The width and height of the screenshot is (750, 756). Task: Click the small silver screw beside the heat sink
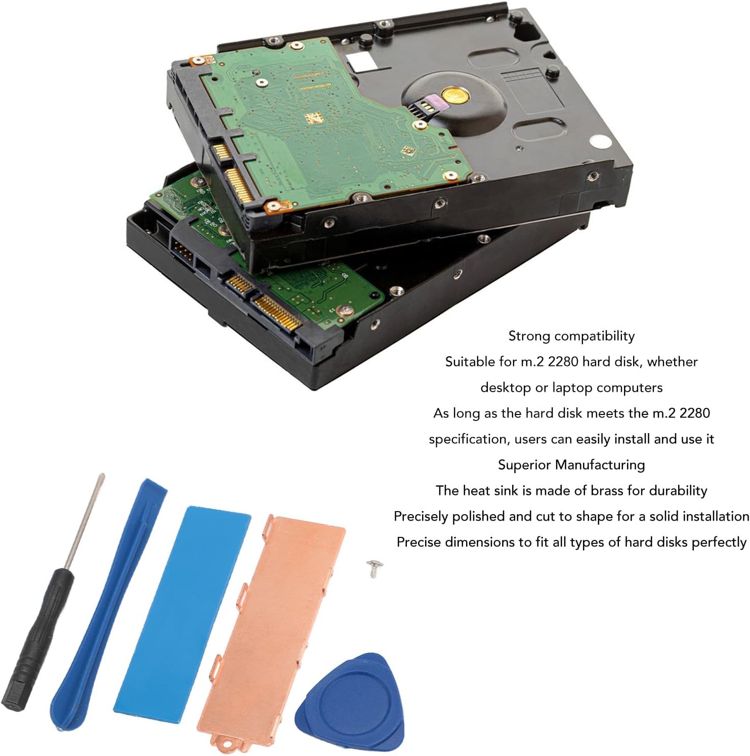coord(374,567)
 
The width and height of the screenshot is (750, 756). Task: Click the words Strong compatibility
coord(571,336)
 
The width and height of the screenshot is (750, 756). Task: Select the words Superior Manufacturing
coord(571,465)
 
